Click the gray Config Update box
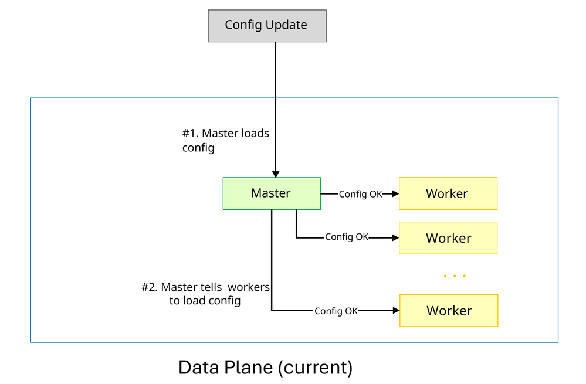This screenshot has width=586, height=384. point(267,26)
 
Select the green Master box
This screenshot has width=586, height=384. point(272,193)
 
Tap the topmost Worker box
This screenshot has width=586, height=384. point(448,193)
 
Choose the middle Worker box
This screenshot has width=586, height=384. point(448,238)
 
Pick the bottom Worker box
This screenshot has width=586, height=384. point(449,311)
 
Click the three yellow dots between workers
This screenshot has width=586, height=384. point(455,276)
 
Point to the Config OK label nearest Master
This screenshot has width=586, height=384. point(360,194)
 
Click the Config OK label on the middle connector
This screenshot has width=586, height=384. point(347,237)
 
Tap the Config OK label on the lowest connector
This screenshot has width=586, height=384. point(336,311)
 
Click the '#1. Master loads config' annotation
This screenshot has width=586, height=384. point(225,140)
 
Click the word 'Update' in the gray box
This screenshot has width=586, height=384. point(286,25)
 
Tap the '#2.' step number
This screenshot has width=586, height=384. point(150,288)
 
